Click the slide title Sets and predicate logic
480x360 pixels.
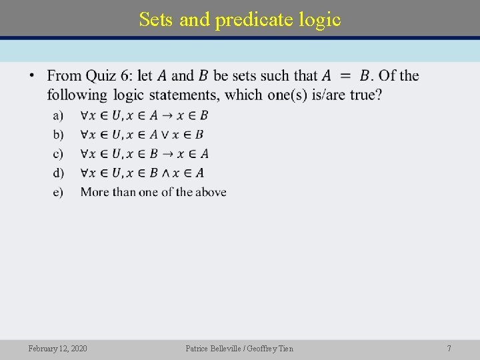[240, 20]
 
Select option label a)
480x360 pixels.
[58, 116]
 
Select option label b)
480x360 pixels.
[58, 135]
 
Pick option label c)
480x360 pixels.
[58, 154]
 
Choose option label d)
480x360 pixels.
[58, 173]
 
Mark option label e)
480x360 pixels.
[58, 193]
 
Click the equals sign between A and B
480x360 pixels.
[346, 76]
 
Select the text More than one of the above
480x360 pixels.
[153, 193]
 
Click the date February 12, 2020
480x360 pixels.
[57, 348]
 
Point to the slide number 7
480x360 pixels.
[449, 348]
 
